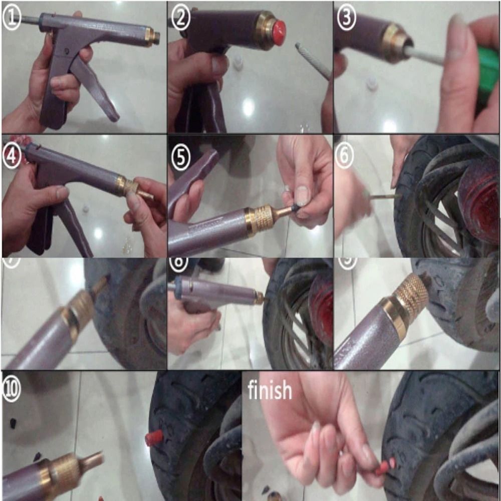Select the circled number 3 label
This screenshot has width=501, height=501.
[346, 19]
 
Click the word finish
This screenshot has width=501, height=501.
[270, 390]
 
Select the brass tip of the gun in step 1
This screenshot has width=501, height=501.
[152, 37]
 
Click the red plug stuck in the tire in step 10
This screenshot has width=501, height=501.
[154, 438]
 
